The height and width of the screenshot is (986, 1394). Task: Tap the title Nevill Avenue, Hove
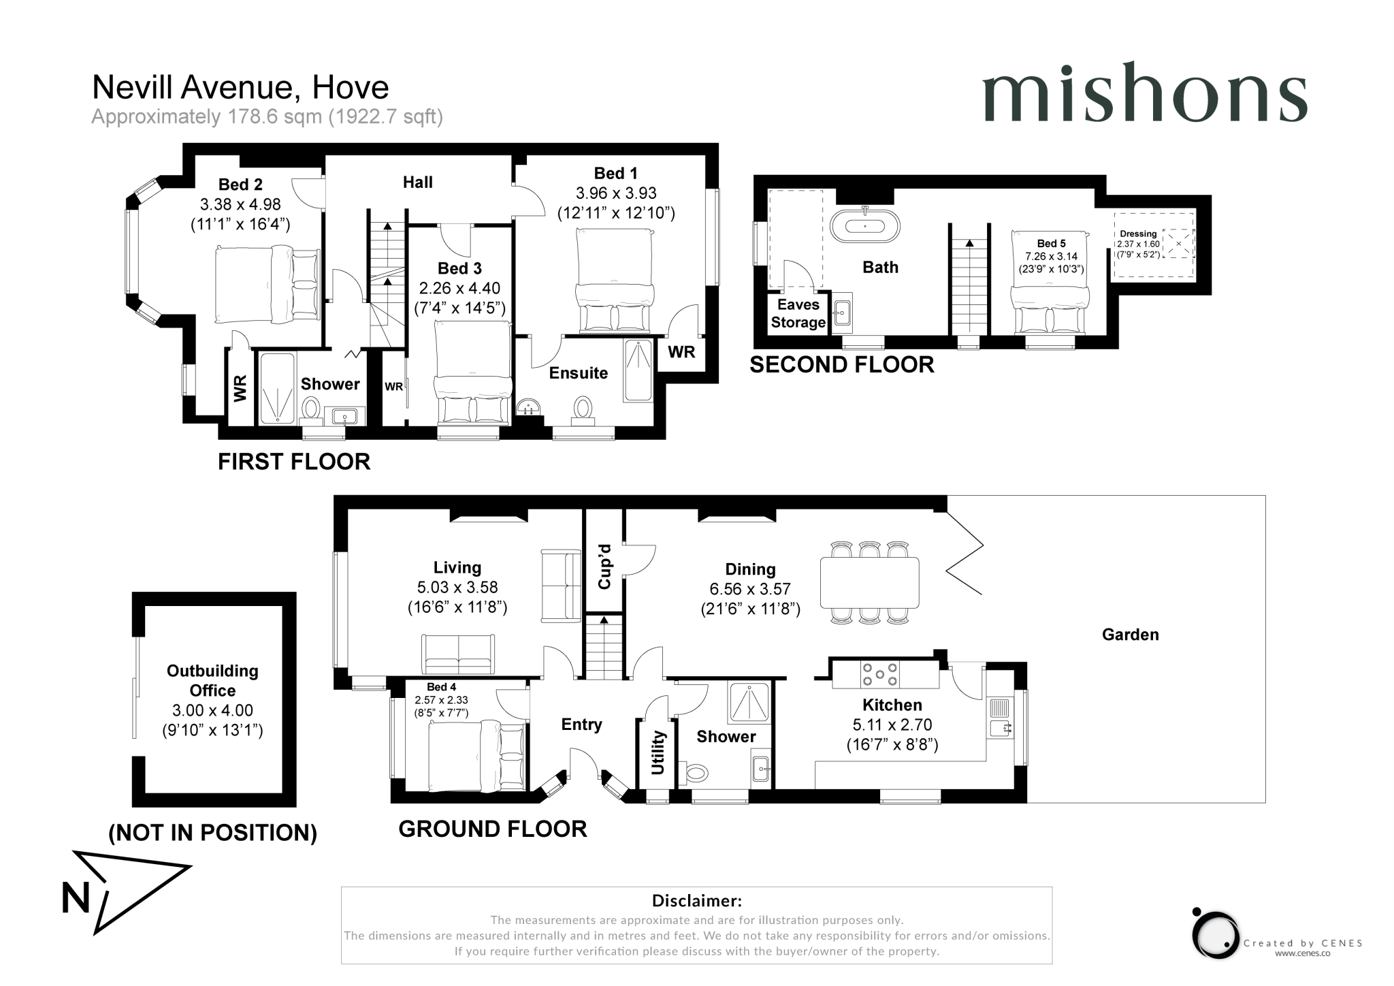[x=240, y=87]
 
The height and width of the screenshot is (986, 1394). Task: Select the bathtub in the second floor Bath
[x=864, y=225]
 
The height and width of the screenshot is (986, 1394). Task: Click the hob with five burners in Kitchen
[x=879, y=674]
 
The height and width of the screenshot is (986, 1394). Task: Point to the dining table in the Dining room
[x=869, y=582]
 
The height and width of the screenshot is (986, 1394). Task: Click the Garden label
[x=1130, y=635]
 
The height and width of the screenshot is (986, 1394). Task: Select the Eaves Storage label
[x=798, y=314]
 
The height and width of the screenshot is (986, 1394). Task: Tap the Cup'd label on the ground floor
[x=604, y=567]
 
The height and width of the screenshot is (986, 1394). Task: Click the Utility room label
[x=658, y=752]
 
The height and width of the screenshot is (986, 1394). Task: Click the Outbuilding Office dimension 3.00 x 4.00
[x=212, y=710]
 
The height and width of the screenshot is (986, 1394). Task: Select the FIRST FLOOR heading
[x=294, y=462]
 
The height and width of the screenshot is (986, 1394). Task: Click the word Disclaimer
[x=696, y=901]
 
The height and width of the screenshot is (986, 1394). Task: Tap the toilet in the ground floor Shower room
[x=697, y=773]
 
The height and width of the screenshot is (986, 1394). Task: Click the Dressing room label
[x=1138, y=234]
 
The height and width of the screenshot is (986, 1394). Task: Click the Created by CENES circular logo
[x=1216, y=934]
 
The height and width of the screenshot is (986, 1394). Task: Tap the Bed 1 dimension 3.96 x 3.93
[x=615, y=193]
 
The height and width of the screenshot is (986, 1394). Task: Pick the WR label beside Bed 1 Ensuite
[x=681, y=352]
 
